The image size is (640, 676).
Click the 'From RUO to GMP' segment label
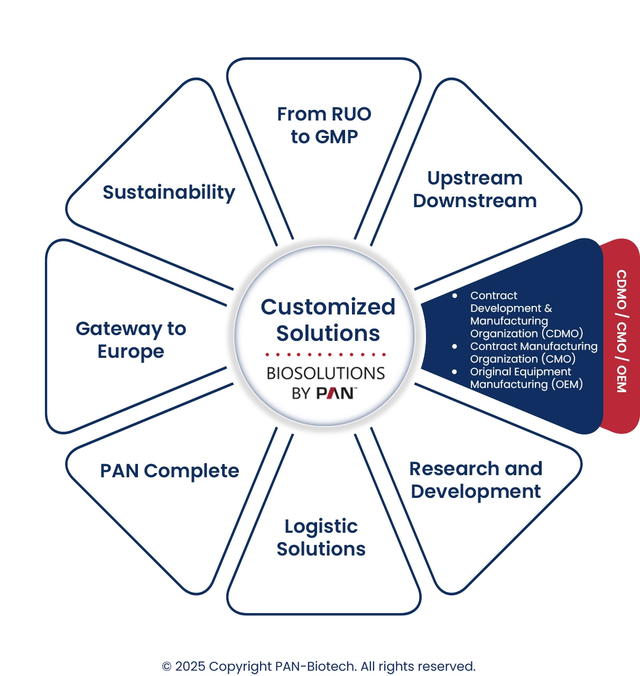pos(324,125)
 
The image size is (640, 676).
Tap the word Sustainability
pos(169,192)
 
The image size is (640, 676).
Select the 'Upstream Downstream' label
pos(475,189)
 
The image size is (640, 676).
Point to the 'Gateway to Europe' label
pos(131,340)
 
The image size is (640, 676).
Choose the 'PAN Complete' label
pos(170,471)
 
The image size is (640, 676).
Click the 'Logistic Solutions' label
pos(321,538)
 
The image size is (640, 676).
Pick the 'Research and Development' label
pos(476,480)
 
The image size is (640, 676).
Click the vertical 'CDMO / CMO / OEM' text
pos(622,331)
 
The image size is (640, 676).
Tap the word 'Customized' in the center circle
pos(328,307)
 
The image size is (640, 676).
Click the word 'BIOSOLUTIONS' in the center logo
pos(326,373)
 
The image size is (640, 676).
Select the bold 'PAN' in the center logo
pos(335,393)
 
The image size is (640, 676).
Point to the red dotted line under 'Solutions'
pos(326,354)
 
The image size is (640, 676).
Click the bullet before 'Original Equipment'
pos(455,372)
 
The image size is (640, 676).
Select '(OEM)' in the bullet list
pos(567,384)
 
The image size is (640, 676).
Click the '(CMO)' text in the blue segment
pos(558,359)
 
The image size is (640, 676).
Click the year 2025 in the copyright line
pos(190,666)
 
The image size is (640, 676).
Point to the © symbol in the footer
pos(166,666)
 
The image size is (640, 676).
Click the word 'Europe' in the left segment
pos(131,351)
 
